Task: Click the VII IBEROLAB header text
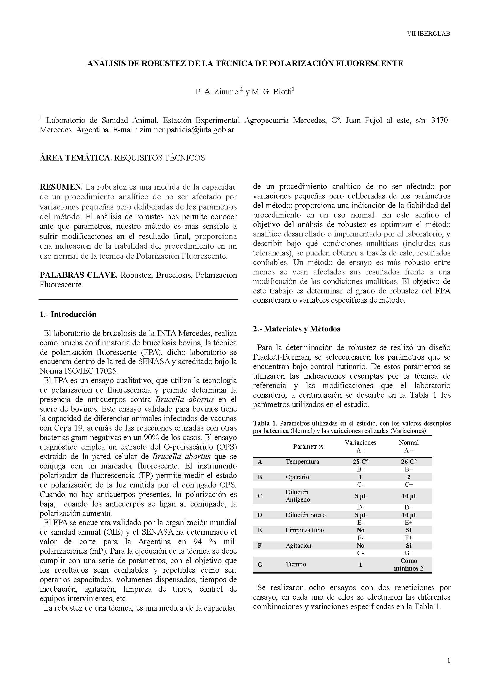click(428, 34)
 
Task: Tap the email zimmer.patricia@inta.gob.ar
click(187, 130)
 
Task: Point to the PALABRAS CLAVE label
click(79, 275)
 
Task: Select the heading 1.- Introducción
click(68, 314)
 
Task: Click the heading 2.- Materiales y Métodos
click(296, 329)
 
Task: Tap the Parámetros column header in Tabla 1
click(308, 447)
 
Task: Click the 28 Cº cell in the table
click(360, 462)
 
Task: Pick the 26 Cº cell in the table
click(409, 462)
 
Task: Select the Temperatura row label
click(302, 462)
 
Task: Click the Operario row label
click(297, 477)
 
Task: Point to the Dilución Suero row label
click(306, 515)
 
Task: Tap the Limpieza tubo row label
click(305, 530)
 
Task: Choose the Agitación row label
click(298, 546)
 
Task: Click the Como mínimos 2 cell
click(409, 564)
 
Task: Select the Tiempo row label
click(296, 564)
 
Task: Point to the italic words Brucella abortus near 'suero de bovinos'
click(185, 399)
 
